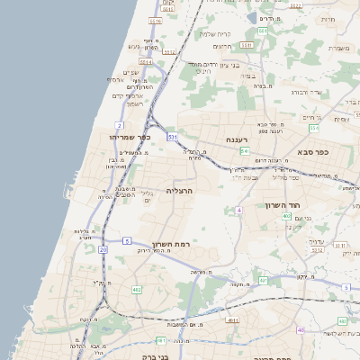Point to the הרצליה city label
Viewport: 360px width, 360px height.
pyautogui.click(x=180, y=192)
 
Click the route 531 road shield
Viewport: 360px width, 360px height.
pyautogui.click(x=172, y=137)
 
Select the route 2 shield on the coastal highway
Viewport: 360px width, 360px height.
pyautogui.click(x=120, y=124)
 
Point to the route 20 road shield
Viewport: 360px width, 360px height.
pyautogui.click(x=103, y=248)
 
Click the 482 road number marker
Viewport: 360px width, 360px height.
pyautogui.click(x=137, y=289)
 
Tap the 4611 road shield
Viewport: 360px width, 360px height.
pyautogui.click(x=232, y=319)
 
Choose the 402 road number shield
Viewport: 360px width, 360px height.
pyautogui.click(x=286, y=216)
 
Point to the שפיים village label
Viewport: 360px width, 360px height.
pyautogui.click(x=130, y=72)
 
